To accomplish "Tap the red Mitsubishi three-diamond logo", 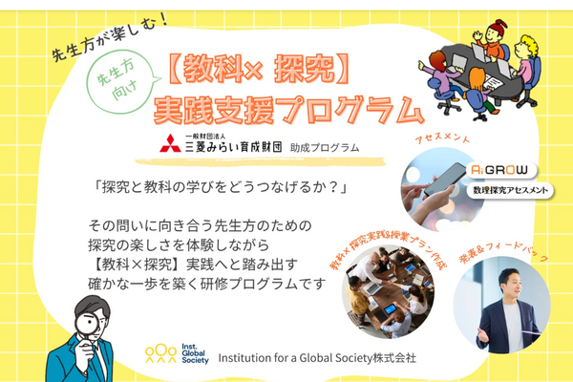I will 169,144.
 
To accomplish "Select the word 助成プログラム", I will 327,147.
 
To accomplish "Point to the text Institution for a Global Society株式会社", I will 317,358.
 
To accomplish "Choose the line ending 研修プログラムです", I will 204,284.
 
